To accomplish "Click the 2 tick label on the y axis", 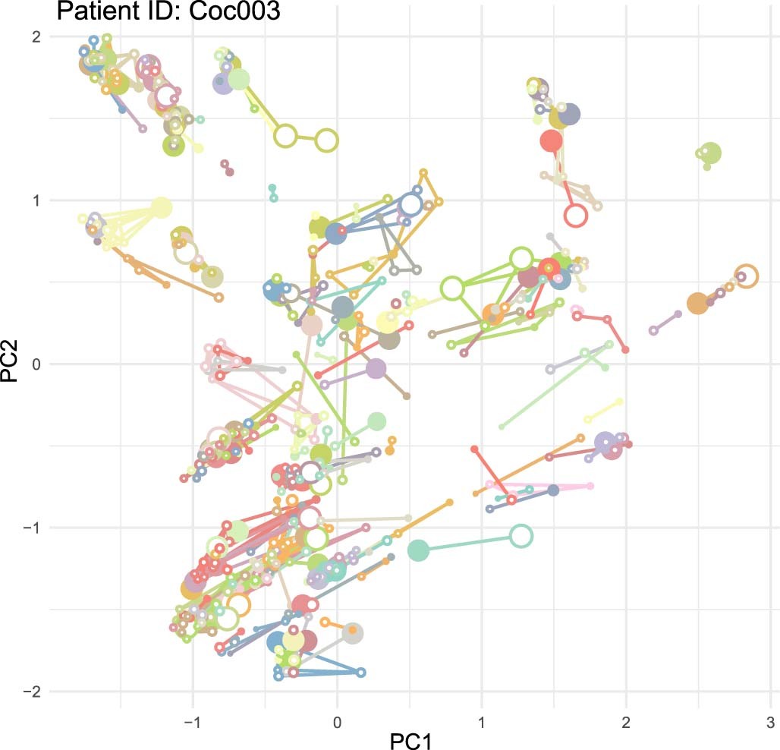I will pos(35,36).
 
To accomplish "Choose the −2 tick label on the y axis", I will pos(30,691).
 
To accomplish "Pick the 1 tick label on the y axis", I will pos(35,200).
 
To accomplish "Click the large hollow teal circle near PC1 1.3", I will pos(521,536).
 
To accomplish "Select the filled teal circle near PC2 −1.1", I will pos(419,550).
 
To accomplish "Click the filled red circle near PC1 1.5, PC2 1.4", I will pos(552,141).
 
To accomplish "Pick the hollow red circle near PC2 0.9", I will pos(576,215).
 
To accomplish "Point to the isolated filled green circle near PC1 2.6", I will pos(710,153).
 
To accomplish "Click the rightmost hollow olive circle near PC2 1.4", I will pos(327,140).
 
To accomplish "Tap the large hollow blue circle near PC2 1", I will pos(411,204).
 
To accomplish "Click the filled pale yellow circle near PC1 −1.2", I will pos(162,208).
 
